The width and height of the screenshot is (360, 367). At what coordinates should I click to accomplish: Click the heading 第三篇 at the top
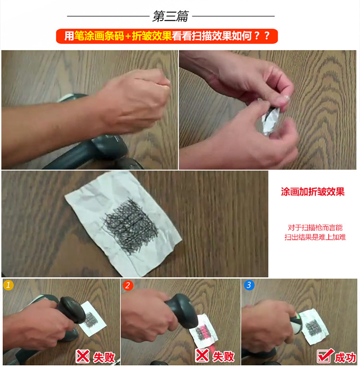pos(170,16)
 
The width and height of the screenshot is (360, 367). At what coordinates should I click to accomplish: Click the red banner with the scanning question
pos(167,37)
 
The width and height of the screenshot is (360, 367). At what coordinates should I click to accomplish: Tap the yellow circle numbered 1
pos(9,285)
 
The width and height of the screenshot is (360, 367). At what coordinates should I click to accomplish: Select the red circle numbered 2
pos(128,285)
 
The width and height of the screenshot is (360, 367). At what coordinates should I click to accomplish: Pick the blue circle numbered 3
pos(249,285)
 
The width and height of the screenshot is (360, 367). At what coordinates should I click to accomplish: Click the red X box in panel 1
pos(83,356)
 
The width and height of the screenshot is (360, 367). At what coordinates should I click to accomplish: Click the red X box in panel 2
pos(202,355)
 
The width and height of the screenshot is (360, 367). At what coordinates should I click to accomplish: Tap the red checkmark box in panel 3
pos(325,355)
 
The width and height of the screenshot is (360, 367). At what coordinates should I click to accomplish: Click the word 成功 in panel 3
pos(345,357)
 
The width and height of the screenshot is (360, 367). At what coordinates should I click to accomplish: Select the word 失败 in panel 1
pos(104,357)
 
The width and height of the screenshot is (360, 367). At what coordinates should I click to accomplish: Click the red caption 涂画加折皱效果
pos(313,192)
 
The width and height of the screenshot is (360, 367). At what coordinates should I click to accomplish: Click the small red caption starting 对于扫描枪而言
pos(315,232)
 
